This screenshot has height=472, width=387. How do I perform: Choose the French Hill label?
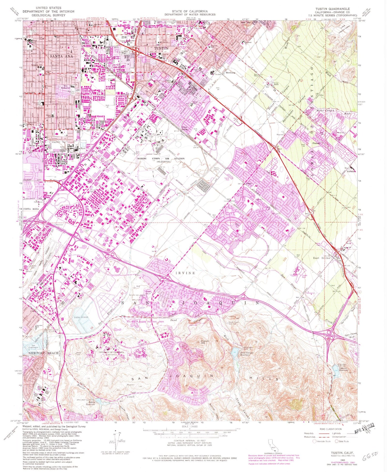(205, 342)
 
